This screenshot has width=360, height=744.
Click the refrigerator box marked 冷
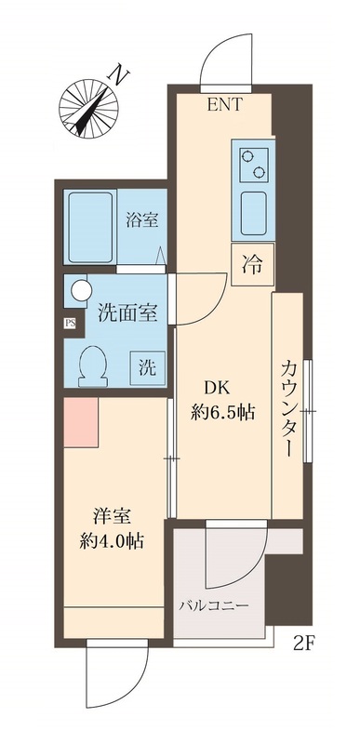(251, 263)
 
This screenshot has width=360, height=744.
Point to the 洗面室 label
(127, 313)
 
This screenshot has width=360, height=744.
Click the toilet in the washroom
(93, 364)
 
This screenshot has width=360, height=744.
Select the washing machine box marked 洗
(148, 365)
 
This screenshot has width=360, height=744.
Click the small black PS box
(69, 324)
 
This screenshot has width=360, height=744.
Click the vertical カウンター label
(289, 410)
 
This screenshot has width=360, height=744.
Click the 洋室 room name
(109, 514)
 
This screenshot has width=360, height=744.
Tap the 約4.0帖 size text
(110, 539)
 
